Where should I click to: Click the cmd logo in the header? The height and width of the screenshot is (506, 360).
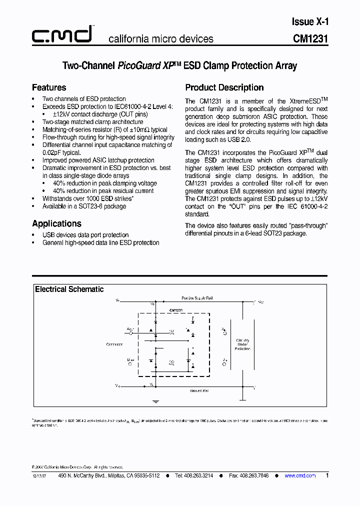click(x=62, y=35)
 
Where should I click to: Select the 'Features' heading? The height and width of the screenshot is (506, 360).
click(x=49, y=87)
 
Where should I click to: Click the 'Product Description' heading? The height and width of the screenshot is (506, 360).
click(x=224, y=87)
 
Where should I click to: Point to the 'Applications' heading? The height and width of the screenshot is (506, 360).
click(x=56, y=223)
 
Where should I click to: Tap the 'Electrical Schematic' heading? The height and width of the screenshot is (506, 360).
click(x=69, y=289)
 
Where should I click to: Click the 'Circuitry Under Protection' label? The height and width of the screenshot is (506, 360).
click(x=242, y=344)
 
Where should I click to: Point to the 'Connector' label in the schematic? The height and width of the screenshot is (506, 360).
click(x=114, y=344)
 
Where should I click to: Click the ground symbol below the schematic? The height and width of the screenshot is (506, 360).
click(x=155, y=400)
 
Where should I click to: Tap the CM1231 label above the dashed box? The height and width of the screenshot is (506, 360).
click(x=176, y=310)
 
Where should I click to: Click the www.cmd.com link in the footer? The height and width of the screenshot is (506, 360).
click(x=300, y=475)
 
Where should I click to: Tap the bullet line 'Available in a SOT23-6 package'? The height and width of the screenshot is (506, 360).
click(x=84, y=206)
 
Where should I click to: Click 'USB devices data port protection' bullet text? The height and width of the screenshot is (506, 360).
click(x=85, y=235)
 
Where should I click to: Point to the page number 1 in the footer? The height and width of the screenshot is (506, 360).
click(x=327, y=475)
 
